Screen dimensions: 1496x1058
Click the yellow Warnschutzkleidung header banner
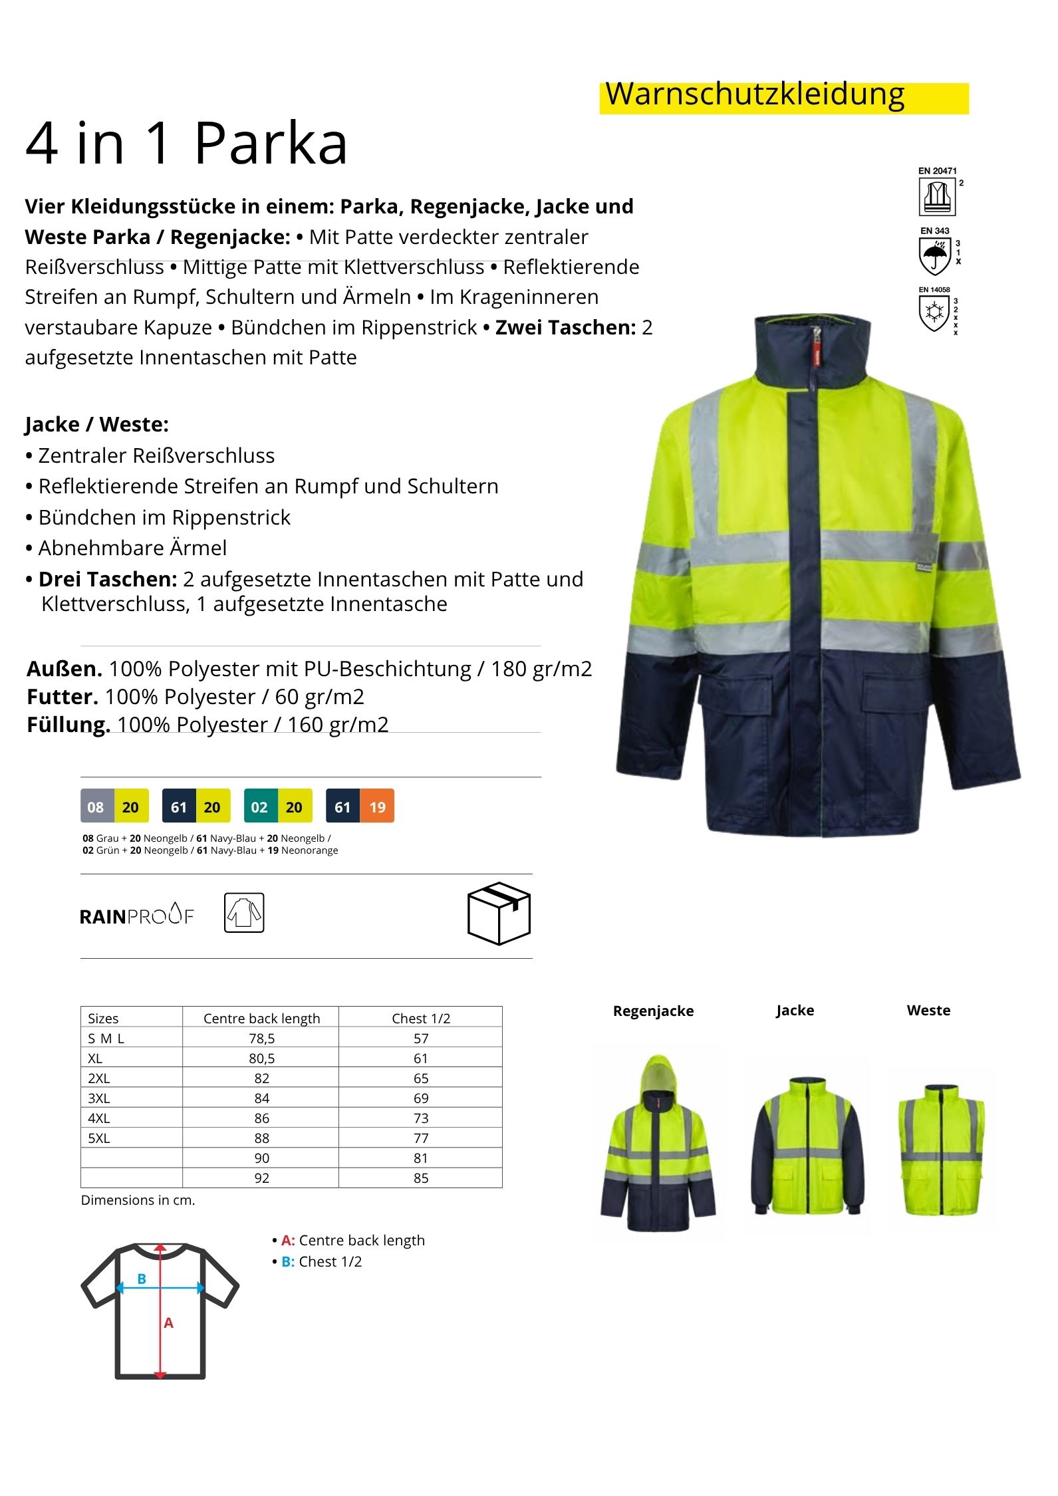(x=783, y=97)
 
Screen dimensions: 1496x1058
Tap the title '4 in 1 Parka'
(x=186, y=144)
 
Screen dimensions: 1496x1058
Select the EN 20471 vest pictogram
(x=937, y=197)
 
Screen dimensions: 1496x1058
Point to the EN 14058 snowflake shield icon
(x=934, y=312)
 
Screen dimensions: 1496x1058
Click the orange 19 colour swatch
(x=377, y=807)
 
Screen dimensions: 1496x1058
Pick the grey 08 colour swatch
(x=96, y=807)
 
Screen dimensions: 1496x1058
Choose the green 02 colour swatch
(x=260, y=807)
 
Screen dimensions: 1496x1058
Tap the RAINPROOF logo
(x=136, y=915)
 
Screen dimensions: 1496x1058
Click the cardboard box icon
(x=499, y=913)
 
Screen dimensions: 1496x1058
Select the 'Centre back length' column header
(x=261, y=1018)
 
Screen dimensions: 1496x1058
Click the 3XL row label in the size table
(x=99, y=1098)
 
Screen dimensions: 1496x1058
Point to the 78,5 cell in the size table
(x=261, y=1038)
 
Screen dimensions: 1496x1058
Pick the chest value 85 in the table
(x=420, y=1178)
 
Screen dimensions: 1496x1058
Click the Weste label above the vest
(x=928, y=1011)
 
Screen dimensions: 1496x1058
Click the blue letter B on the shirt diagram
(x=142, y=1278)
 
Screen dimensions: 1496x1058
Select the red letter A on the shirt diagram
(x=169, y=1322)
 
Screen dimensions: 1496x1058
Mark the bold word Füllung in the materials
(x=68, y=725)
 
